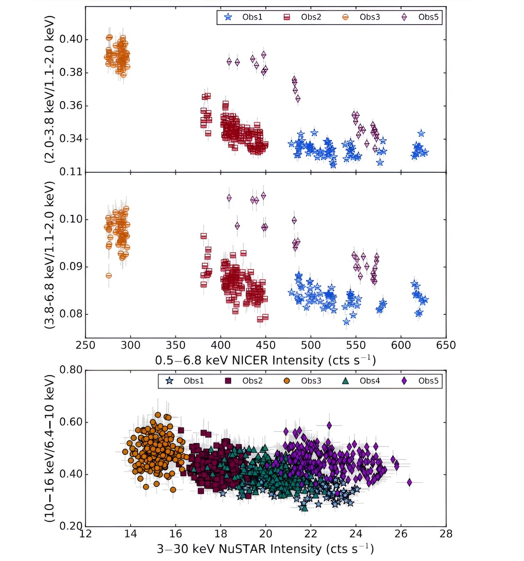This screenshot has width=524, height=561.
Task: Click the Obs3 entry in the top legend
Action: coord(369,17)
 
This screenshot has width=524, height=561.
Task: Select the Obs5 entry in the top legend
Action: coord(428,17)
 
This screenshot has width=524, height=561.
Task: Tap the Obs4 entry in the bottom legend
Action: coord(369,381)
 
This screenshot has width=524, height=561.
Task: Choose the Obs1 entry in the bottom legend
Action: coord(193,381)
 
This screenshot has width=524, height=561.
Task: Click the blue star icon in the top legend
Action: coord(228,17)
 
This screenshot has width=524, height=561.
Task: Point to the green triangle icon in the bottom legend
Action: coord(346,381)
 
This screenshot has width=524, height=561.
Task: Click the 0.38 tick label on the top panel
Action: coord(71,72)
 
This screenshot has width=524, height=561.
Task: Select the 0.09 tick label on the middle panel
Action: coord(71,267)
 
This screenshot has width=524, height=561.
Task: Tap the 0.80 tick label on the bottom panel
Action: coord(71,370)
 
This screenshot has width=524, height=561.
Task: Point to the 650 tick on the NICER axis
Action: coord(446,345)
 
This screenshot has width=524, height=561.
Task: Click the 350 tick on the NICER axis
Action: coord(176,345)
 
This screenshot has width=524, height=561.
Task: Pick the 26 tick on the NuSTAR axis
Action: coord(401,534)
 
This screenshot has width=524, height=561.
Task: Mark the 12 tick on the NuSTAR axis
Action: coord(85,534)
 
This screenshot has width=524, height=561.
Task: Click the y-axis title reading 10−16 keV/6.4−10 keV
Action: coord(50,448)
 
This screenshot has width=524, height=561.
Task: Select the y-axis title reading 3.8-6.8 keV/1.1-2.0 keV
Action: coord(50,255)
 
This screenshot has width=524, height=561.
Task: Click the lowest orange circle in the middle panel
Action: coord(108,275)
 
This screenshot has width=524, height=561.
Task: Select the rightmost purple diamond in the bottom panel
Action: coord(409,482)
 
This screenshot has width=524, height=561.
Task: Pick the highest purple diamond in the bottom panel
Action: coord(329,426)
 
